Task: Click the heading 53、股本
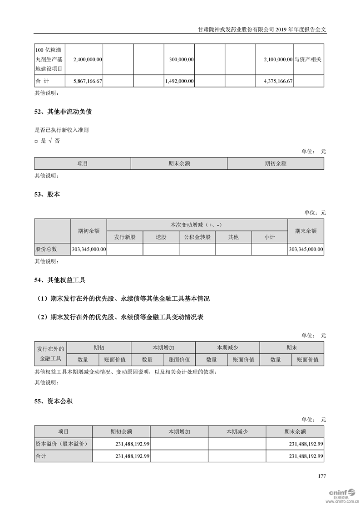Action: (x=47, y=194)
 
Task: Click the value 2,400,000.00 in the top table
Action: (x=87, y=59)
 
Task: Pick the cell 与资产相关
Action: (x=308, y=59)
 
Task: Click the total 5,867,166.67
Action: (x=87, y=81)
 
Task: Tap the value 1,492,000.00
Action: (x=179, y=81)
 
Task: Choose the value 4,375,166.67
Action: (x=278, y=81)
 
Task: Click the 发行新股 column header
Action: (x=125, y=237)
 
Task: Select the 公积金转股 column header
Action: (x=197, y=237)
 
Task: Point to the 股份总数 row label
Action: (x=46, y=249)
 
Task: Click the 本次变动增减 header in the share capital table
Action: (x=197, y=225)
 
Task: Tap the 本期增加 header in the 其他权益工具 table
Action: (x=163, y=347)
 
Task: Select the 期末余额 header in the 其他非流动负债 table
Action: (x=179, y=163)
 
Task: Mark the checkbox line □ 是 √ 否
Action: (x=47, y=141)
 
